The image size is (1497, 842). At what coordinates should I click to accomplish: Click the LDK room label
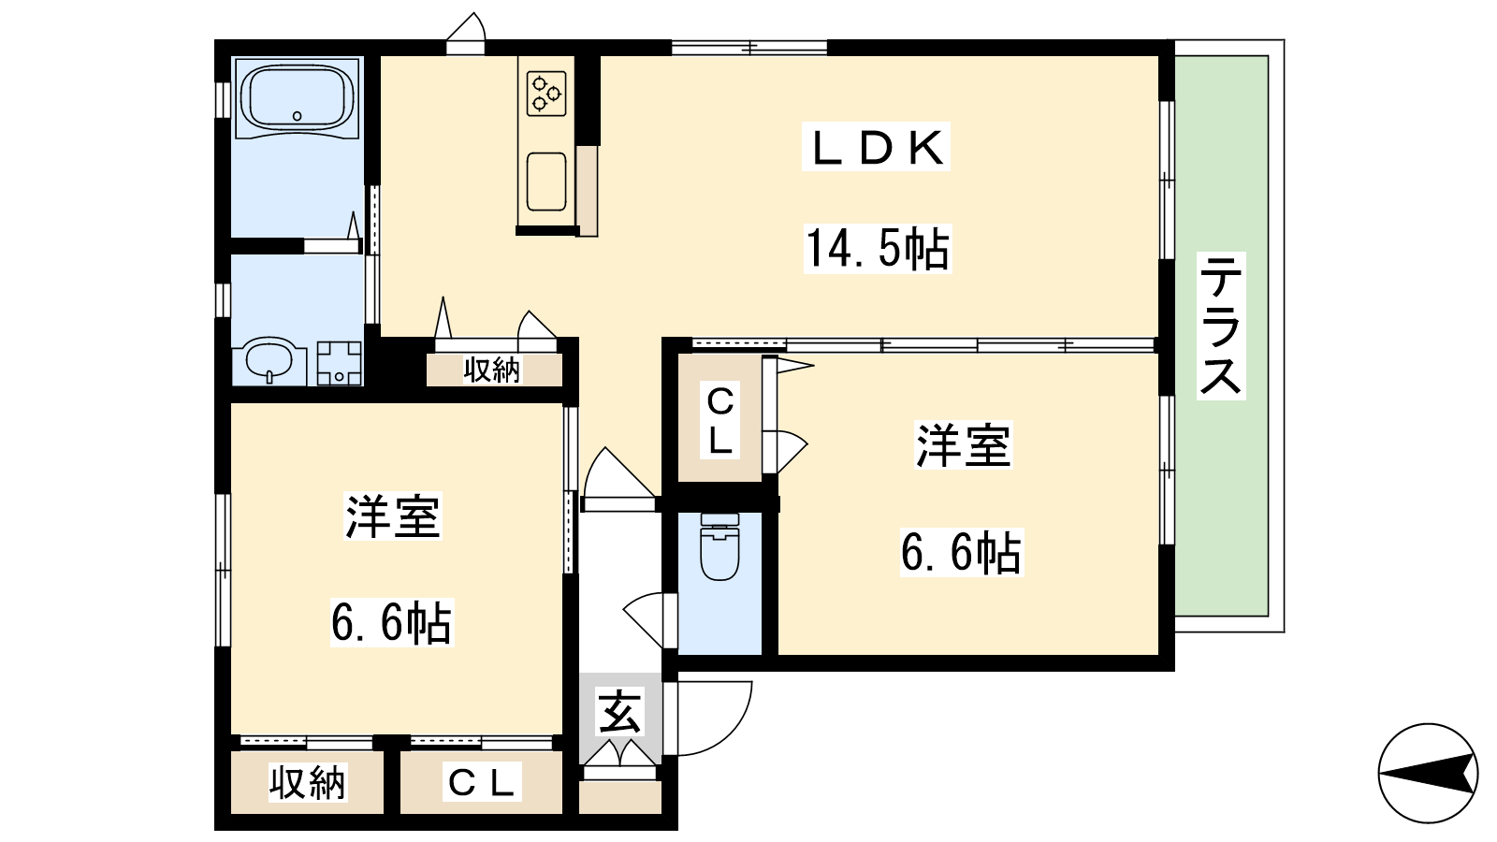click(876, 147)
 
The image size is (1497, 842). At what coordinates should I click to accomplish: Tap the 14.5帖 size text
click(878, 249)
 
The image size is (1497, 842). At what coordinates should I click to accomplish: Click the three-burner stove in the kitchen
click(546, 93)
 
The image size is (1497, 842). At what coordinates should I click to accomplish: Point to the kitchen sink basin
click(546, 181)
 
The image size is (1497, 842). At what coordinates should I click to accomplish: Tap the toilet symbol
click(719, 545)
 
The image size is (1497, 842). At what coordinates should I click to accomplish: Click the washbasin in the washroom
click(269, 359)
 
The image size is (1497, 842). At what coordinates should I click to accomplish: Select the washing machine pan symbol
click(340, 364)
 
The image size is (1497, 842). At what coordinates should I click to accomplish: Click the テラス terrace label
click(1220, 326)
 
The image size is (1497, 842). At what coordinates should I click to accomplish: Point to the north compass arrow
click(1428, 773)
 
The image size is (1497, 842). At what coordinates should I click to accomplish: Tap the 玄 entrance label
click(621, 711)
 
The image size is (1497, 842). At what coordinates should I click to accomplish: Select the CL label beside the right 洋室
click(719, 421)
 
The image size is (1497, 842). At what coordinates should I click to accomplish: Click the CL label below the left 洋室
click(481, 782)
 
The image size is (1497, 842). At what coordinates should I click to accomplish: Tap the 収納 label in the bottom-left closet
click(308, 782)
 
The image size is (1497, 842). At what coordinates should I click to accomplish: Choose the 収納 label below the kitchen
click(492, 370)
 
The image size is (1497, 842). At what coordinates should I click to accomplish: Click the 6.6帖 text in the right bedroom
click(961, 552)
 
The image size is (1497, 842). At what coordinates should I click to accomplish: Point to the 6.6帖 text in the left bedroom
click(392, 621)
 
